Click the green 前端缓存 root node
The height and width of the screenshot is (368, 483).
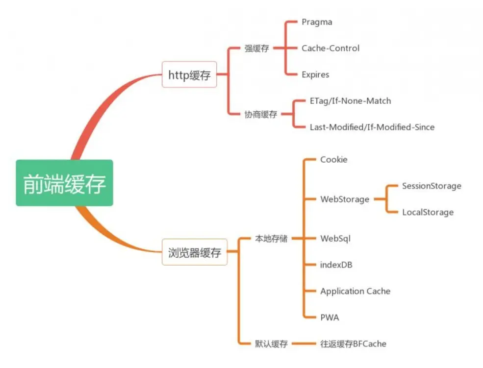point(64,183)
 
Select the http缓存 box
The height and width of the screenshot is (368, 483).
point(189,75)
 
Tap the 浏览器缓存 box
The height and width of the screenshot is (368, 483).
point(194,253)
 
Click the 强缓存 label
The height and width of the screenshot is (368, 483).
point(256,49)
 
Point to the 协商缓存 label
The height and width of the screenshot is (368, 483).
point(261,114)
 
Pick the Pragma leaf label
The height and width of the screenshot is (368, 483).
point(317,22)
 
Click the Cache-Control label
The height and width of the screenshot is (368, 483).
point(330,48)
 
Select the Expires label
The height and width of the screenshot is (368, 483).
point(315,74)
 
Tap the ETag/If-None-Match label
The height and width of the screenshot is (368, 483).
point(350,101)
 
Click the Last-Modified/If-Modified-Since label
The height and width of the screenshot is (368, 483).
point(372,127)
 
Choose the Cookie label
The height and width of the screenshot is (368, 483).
point(333,160)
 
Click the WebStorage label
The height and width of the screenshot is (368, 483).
point(345,199)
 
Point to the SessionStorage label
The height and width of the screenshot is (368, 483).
point(432,186)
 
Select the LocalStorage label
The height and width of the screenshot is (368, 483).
point(428,212)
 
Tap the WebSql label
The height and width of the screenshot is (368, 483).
point(335,239)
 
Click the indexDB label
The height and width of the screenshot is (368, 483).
point(336,265)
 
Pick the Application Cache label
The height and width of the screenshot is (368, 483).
point(355,291)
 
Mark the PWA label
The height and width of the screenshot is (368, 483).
point(330,318)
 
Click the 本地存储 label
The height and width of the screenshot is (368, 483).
point(271,239)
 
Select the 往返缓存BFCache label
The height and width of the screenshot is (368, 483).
point(353,344)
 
